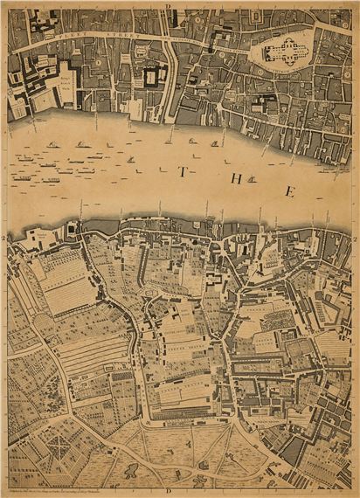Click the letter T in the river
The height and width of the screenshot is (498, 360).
[182, 172]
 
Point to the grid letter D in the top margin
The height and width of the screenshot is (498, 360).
[167, 5]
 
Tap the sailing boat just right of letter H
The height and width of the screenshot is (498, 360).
[252, 179]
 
